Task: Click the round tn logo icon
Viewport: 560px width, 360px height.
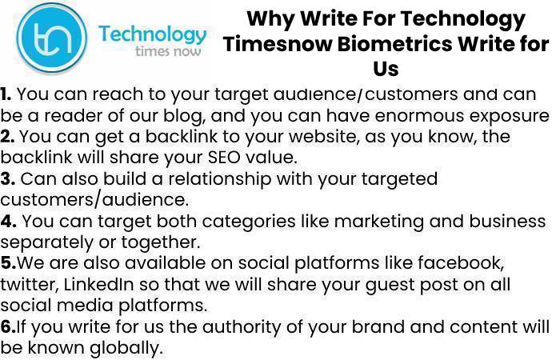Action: pos(52,37)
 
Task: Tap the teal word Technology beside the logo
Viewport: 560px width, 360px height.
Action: pos(153,35)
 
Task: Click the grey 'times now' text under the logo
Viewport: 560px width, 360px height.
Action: pos(168,51)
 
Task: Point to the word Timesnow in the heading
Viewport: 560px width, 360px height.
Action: pos(278,44)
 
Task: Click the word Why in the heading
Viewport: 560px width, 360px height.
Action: pos(270,19)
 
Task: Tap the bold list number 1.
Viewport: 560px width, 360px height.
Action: pos(6,94)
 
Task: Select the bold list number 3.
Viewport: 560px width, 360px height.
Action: pos(7,178)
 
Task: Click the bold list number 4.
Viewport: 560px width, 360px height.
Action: pos(8,221)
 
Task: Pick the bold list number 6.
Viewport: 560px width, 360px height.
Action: pos(8,326)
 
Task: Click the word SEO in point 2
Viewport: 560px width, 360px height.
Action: pos(225,158)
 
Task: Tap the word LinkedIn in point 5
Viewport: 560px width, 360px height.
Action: pos(99,284)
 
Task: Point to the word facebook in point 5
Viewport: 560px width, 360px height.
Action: pos(461,263)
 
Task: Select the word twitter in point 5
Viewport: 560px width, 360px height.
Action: pos(29,285)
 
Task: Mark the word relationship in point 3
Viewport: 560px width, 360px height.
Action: pos(220,179)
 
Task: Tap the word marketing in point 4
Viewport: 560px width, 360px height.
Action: pos(379,222)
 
